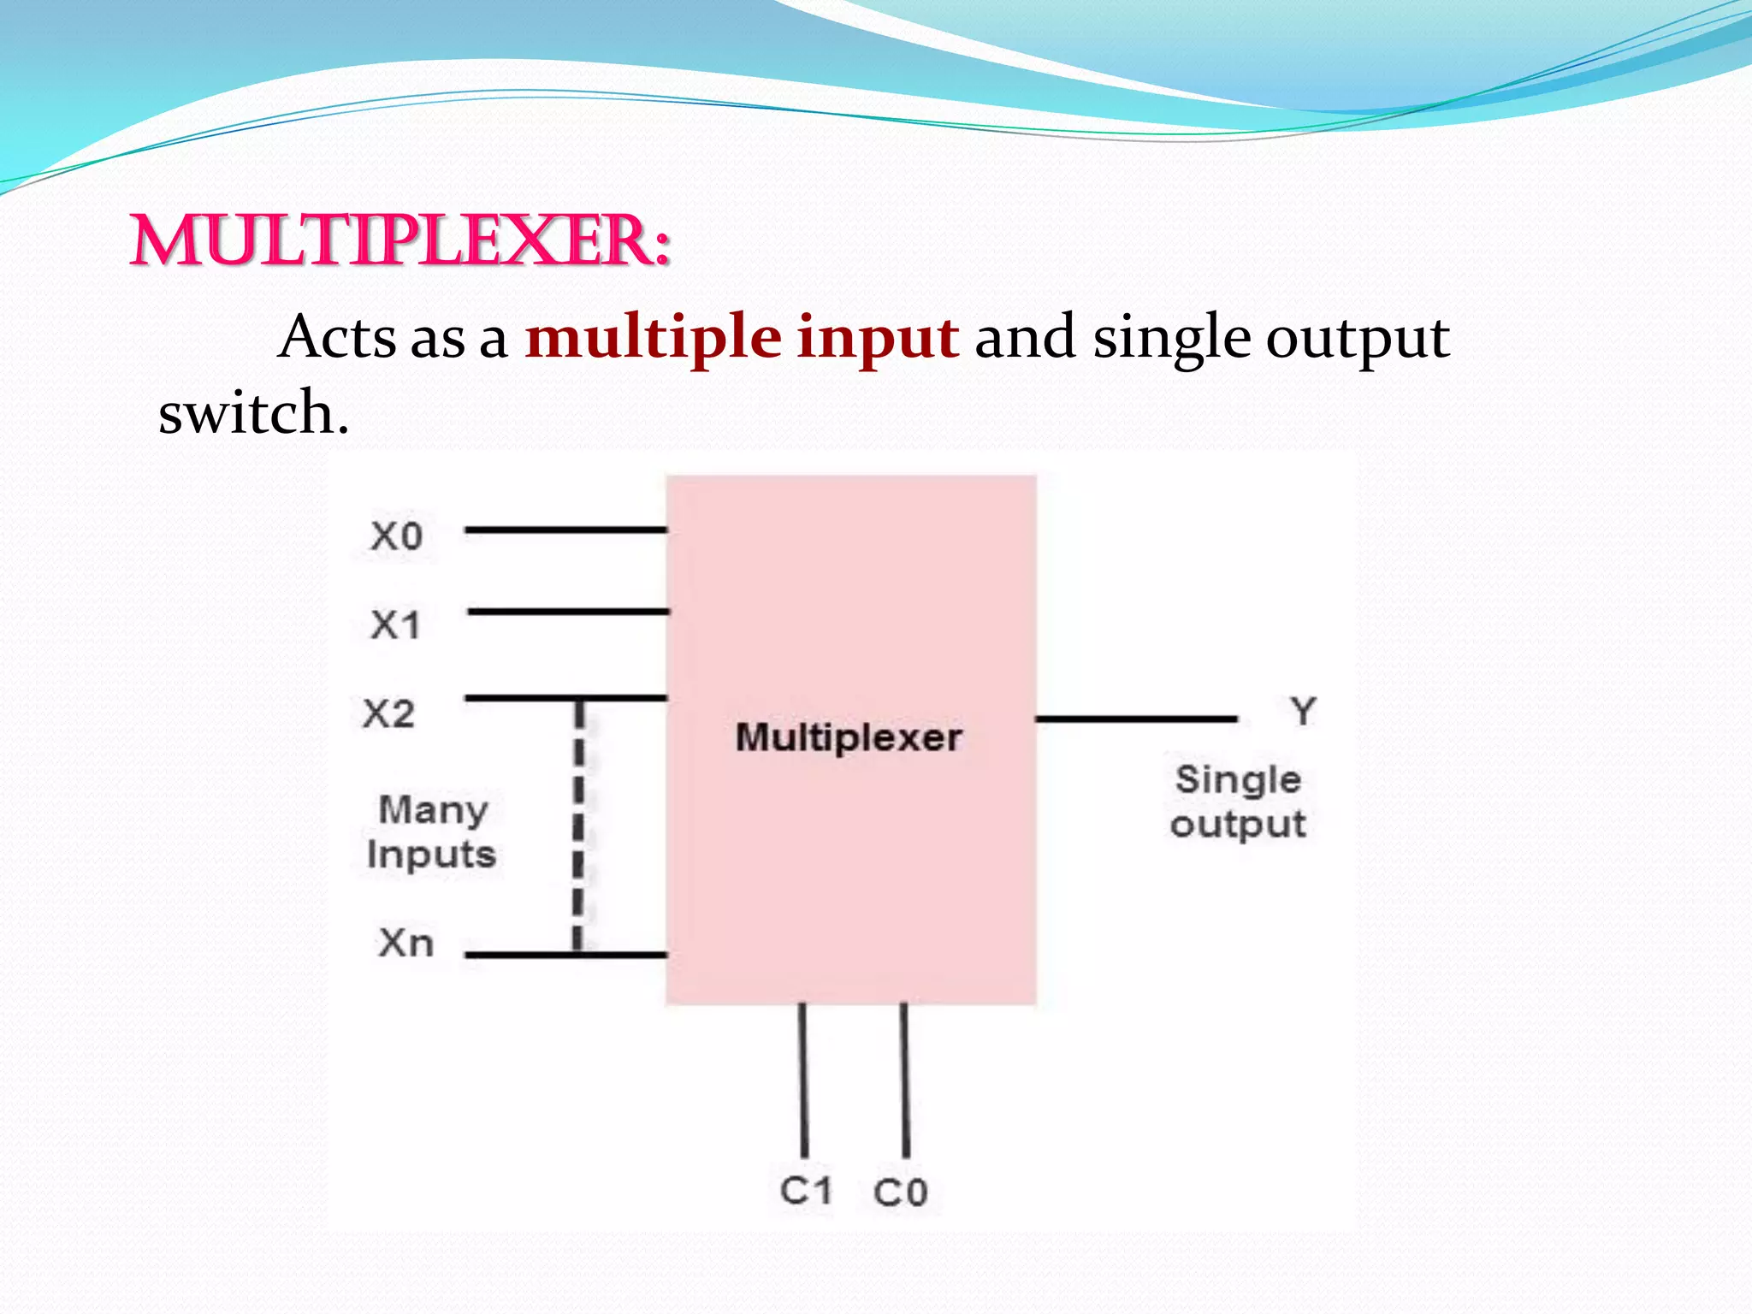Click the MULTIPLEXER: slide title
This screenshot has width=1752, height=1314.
(400, 242)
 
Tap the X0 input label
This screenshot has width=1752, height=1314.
(396, 536)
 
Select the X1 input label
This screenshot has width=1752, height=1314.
(395, 624)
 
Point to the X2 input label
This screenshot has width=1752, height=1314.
(388, 713)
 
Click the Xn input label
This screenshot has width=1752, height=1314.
(405, 943)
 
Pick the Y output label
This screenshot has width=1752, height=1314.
(1303, 711)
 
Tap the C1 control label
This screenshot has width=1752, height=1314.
(805, 1190)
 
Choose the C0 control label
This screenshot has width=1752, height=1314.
(900, 1192)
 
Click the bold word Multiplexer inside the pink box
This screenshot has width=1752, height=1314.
(849, 737)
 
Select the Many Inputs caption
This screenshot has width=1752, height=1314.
(431, 832)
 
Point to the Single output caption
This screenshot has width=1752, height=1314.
(1238, 802)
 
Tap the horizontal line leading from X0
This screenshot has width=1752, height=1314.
(565, 530)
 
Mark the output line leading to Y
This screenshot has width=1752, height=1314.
(1136, 719)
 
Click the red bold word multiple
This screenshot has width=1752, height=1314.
(653, 338)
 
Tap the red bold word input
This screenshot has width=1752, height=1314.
(877, 338)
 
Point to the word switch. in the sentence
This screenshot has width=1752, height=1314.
(254, 413)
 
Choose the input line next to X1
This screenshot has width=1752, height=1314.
(568, 612)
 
